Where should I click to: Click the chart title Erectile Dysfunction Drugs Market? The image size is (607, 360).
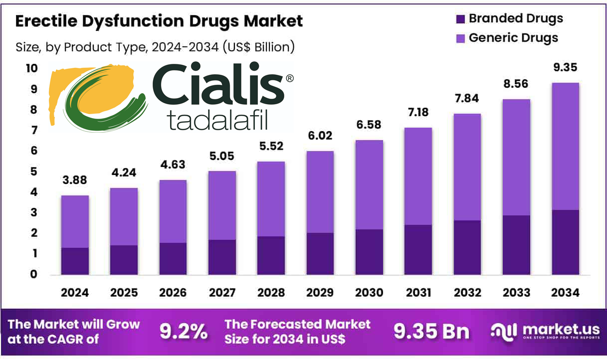(x=159, y=21)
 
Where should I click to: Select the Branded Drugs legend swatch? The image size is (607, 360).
(x=460, y=19)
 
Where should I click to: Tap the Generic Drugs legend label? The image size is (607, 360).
(x=513, y=38)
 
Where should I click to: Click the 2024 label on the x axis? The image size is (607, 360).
(x=75, y=293)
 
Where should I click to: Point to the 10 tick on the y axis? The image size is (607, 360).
(x=31, y=68)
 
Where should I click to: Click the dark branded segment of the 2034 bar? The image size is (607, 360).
(x=565, y=242)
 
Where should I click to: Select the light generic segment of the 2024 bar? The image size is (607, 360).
(x=75, y=221)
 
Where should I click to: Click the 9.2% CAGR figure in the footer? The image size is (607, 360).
(x=183, y=332)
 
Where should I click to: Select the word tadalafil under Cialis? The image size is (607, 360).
(x=219, y=120)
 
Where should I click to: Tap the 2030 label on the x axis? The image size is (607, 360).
(x=369, y=293)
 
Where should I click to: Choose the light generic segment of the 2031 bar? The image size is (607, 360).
(x=418, y=176)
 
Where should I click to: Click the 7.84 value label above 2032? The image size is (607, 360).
(x=467, y=99)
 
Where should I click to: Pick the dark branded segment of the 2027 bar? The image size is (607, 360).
(x=222, y=257)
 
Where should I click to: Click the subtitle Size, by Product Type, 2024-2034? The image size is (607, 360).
(x=155, y=47)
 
